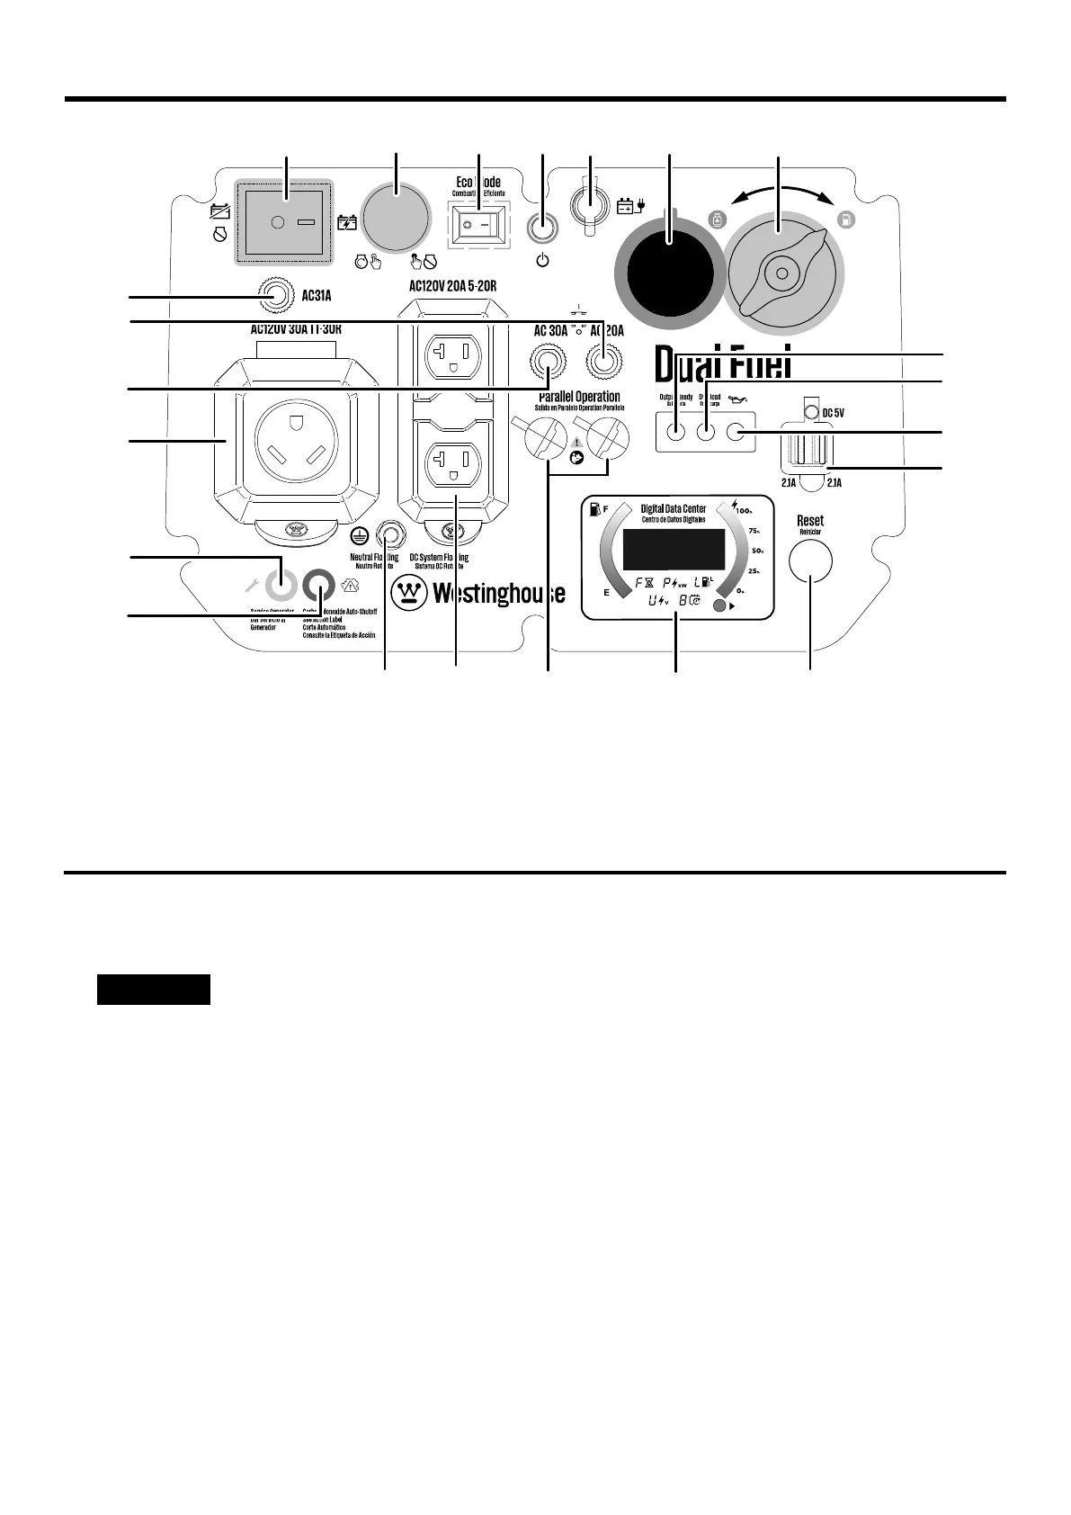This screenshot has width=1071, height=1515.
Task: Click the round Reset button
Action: (810, 560)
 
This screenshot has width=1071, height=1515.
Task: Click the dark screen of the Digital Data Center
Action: (674, 548)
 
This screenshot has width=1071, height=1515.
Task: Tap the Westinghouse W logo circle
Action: (410, 593)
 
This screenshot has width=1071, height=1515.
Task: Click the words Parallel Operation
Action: (579, 397)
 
